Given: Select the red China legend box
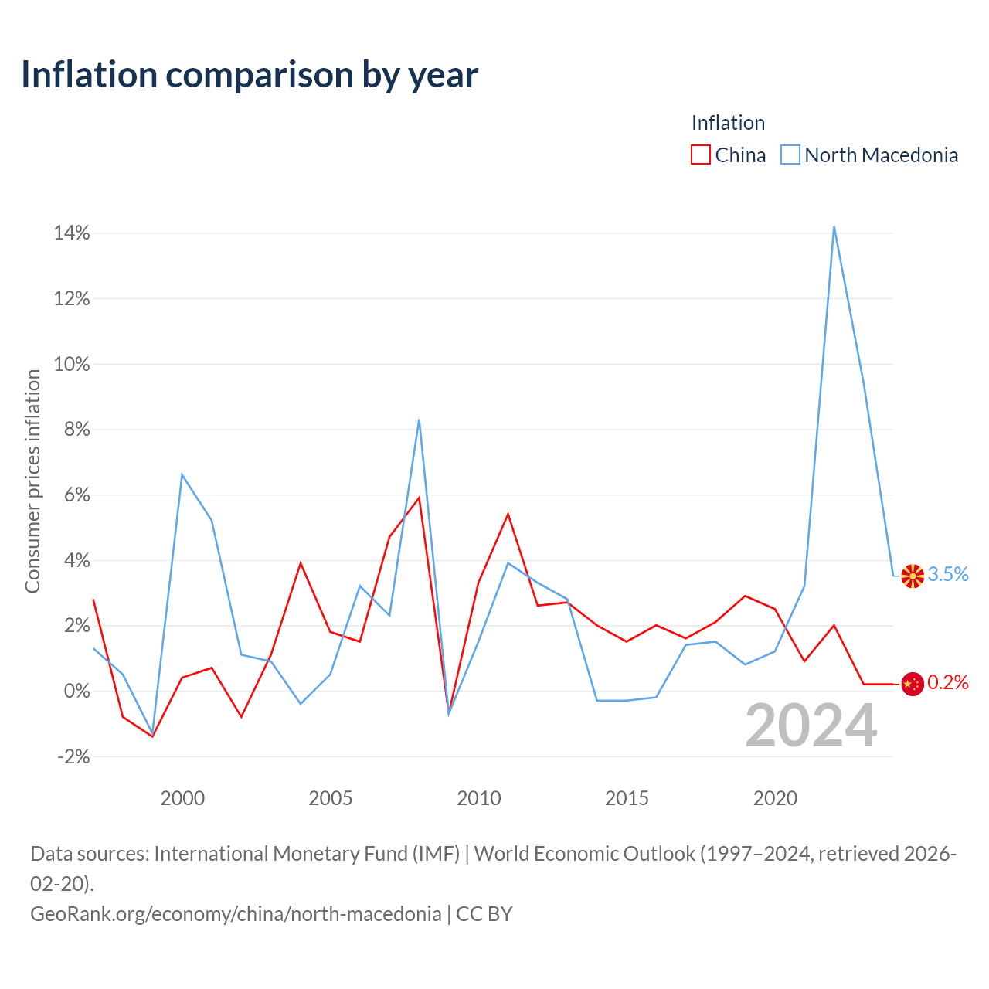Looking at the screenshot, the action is pyautogui.click(x=701, y=155).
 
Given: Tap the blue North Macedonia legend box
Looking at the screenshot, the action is pyautogui.click(x=790, y=155).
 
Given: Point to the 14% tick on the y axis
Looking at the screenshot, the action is pyautogui.click(x=71, y=233).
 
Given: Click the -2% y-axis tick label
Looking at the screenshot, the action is pyautogui.click(x=73, y=756).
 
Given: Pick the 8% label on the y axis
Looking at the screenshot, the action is pyautogui.click(x=76, y=429).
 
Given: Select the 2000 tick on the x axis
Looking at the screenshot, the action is pyautogui.click(x=182, y=799).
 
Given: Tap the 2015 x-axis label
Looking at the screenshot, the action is pyautogui.click(x=627, y=799).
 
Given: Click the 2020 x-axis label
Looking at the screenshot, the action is pyautogui.click(x=775, y=799).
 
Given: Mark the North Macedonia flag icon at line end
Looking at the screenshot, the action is pyautogui.click(x=913, y=576).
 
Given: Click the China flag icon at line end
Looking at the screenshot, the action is pyautogui.click(x=913, y=684).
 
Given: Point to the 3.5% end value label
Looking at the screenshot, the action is pyautogui.click(x=948, y=574).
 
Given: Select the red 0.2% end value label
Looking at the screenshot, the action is pyautogui.click(x=948, y=682).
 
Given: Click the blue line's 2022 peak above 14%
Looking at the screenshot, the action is pyautogui.click(x=834, y=227).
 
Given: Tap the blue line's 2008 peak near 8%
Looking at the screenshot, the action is pyautogui.click(x=420, y=420).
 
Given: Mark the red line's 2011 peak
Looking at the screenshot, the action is pyautogui.click(x=508, y=515).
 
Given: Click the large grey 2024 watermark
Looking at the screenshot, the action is pyautogui.click(x=811, y=726).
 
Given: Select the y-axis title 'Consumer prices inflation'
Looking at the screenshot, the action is pyautogui.click(x=32, y=481).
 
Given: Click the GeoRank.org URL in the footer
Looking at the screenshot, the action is pyautogui.click(x=236, y=914).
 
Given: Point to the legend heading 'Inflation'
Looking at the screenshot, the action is pyautogui.click(x=729, y=123).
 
